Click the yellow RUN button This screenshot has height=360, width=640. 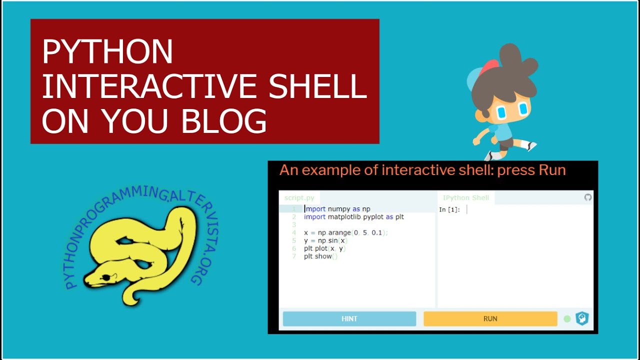(x=490, y=318)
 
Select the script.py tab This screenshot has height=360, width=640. (x=299, y=198)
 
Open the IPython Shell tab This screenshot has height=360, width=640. (x=466, y=198)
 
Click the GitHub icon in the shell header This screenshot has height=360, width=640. (x=588, y=197)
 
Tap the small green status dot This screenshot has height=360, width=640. (x=567, y=318)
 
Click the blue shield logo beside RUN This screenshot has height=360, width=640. (x=582, y=318)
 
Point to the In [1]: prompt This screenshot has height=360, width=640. (x=449, y=209)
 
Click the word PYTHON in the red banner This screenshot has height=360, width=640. (x=107, y=51)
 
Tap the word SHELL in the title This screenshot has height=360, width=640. (x=317, y=86)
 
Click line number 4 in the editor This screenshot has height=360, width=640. (x=294, y=232)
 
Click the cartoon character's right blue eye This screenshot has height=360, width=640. (x=523, y=108)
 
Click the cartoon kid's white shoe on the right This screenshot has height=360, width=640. (x=529, y=146)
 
